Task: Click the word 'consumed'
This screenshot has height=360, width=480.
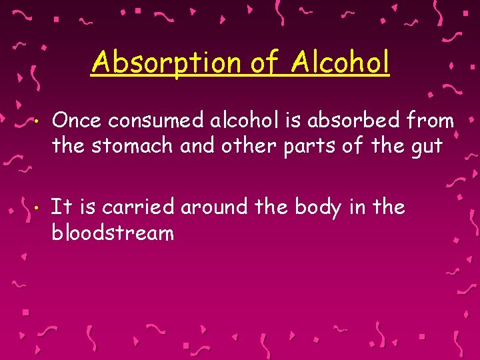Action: (x=150, y=121)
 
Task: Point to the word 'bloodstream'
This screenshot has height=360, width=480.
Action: (x=113, y=233)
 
